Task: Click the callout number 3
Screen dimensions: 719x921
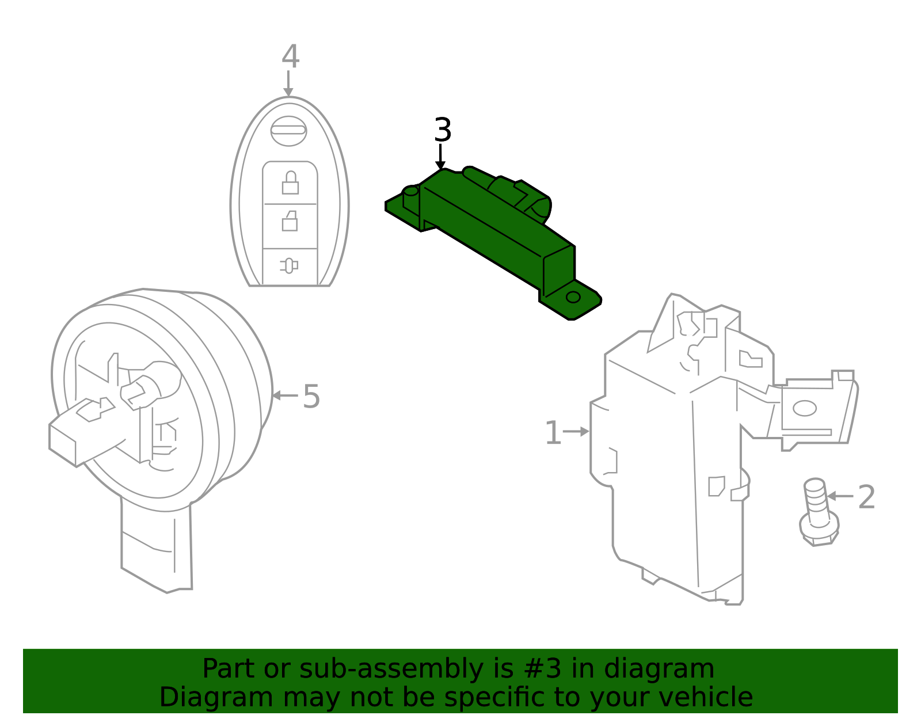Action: point(442,130)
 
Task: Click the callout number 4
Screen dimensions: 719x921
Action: point(290,57)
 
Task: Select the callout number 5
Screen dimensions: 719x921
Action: point(311,397)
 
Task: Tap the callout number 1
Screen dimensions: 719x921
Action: point(552,433)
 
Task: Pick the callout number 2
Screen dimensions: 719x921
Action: point(866,497)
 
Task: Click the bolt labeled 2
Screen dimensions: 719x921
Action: point(817,512)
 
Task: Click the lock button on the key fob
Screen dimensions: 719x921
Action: point(290,183)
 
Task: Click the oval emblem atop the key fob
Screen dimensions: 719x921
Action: point(288,131)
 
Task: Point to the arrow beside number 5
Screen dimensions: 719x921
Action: point(284,395)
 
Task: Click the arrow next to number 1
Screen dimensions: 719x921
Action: point(576,431)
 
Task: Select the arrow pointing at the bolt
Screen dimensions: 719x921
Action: point(840,496)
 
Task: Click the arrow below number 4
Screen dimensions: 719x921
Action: point(288,83)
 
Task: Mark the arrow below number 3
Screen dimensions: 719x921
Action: point(440,157)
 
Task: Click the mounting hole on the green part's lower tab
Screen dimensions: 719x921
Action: point(573,297)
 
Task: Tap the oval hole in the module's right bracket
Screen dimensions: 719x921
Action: point(804,408)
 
